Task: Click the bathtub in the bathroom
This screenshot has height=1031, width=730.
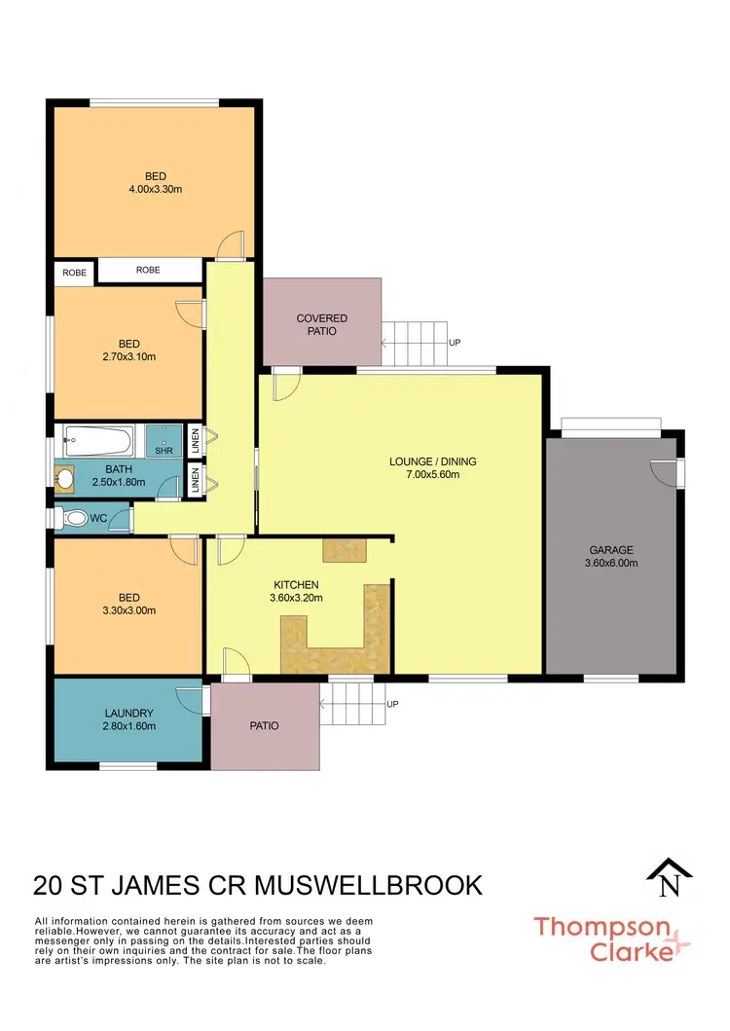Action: [98, 442]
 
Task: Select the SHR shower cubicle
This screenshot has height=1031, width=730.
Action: [164, 442]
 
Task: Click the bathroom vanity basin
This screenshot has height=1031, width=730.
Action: [66, 479]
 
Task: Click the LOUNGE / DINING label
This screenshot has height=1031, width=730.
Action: [433, 468]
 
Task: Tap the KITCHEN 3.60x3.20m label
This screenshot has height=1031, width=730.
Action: [297, 592]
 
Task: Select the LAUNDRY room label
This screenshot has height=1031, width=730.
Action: [129, 718]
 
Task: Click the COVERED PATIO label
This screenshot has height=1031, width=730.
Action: [322, 324]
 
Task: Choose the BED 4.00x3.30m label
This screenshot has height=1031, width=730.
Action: [156, 183]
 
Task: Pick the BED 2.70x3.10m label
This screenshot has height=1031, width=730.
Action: [129, 350]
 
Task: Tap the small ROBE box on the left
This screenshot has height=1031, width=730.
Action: [74, 273]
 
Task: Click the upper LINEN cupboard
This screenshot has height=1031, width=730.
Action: [196, 441]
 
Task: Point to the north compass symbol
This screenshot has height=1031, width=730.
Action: [670, 879]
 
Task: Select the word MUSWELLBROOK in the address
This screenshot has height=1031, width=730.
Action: [370, 885]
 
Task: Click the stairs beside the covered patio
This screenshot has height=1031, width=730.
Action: [415, 343]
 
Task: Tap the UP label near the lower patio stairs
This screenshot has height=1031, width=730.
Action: [392, 704]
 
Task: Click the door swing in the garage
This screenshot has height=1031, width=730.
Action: [665, 471]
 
